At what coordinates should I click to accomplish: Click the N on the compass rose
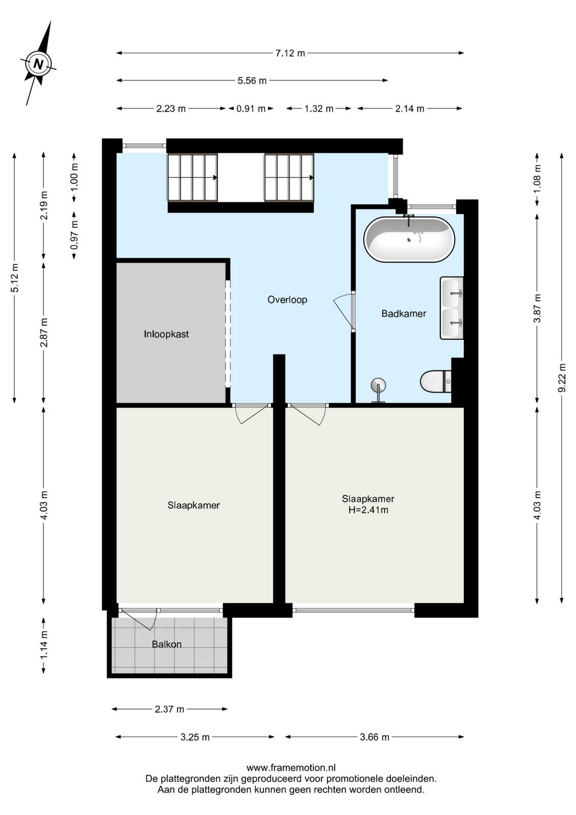coord(38,64)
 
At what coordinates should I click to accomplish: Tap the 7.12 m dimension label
coord(290,53)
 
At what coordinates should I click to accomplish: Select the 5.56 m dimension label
coord(252,80)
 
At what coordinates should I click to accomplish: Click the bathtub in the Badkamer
coord(409,239)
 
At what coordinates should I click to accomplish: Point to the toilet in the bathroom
coord(436,382)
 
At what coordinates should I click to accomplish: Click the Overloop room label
coord(287,300)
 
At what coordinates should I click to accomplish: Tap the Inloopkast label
coord(166,334)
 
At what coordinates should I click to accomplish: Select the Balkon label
coord(166,644)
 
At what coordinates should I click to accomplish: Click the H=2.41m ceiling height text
coord(368,510)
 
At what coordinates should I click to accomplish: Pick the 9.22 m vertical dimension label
coord(562,377)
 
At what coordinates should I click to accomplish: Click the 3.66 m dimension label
coord(375,737)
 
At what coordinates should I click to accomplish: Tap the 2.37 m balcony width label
coord(169,709)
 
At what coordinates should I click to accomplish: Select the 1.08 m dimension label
coord(537,179)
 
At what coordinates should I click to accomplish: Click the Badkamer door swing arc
coord(342,310)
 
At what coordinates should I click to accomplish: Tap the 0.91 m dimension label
coord(251,108)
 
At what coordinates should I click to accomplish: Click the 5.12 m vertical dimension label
coord(15,278)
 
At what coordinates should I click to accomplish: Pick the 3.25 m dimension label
coord(195,737)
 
